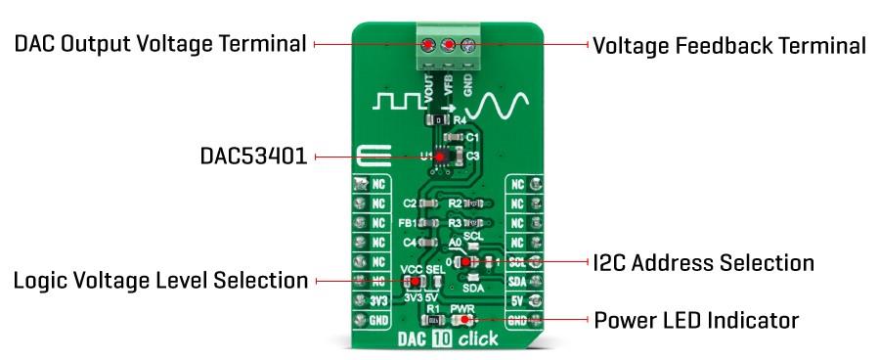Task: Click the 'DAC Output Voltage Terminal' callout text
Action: tap(159, 44)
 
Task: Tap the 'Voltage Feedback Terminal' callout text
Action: tap(729, 45)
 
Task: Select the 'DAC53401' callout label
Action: tap(253, 157)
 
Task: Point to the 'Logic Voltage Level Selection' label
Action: tap(159, 281)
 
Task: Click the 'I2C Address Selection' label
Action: tap(703, 262)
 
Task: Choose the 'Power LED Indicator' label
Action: tap(696, 320)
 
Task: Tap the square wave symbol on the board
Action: tap(399, 101)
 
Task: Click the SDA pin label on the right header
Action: tap(518, 281)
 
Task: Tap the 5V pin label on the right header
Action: tap(518, 300)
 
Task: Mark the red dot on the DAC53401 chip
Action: tap(439, 156)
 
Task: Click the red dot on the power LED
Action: tap(463, 319)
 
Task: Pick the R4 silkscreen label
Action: tap(459, 118)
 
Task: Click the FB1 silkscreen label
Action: tap(409, 222)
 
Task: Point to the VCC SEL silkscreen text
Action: tap(422, 268)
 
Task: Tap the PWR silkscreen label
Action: tap(461, 307)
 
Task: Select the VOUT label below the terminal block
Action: tap(428, 82)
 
